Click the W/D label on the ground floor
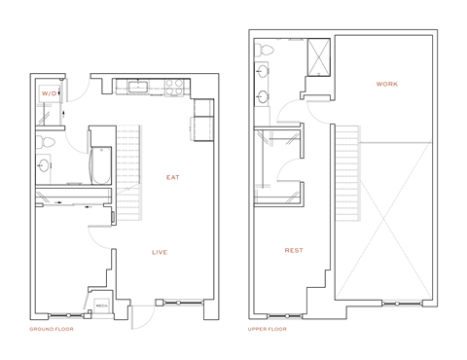click(x=49, y=93)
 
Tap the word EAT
click(x=173, y=177)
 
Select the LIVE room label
click(x=160, y=252)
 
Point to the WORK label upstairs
click(x=386, y=84)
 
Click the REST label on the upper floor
click(x=293, y=250)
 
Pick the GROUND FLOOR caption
click(x=52, y=329)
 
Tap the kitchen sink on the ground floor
click(x=137, y=88)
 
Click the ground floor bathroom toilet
click(x=44, y=142)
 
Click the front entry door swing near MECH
click(x=145, y=313)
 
